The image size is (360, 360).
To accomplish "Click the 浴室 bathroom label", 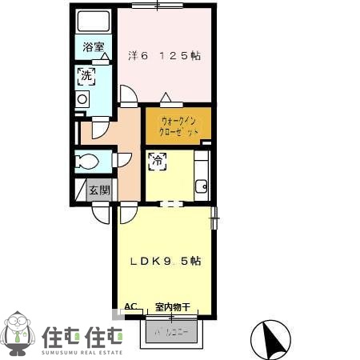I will (94, 47).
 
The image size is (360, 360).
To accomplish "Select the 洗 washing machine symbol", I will (86, 77).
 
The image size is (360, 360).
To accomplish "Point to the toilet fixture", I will (87, 162).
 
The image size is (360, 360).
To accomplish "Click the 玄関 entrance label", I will (98, 190).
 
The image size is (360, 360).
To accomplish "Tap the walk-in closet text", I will (178, 126).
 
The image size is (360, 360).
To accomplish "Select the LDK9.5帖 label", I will (166, 261).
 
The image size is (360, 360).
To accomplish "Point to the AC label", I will (130, 306).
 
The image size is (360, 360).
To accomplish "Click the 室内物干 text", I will (171, 307).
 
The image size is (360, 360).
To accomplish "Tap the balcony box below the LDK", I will (174, 330).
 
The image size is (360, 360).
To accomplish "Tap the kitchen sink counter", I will (201, 176).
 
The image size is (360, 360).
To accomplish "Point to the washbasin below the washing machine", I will (82, 99).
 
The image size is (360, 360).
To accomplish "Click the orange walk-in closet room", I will (178, 126).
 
